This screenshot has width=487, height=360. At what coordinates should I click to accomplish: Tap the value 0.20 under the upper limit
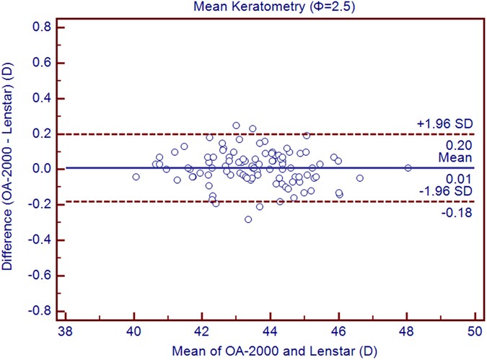click(462, 144)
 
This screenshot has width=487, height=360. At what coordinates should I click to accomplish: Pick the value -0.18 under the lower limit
click(460, 211)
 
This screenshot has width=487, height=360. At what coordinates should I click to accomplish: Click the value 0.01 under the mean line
click(462, 177)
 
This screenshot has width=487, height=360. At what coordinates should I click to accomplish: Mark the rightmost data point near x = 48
click(408, 167)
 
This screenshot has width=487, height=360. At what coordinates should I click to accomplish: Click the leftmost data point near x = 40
click(136, 177)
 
